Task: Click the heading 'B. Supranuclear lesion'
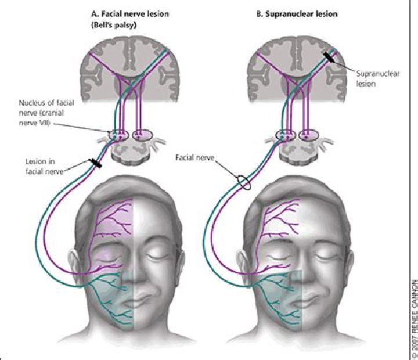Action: [292, 12]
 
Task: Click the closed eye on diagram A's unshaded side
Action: [156, 255]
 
